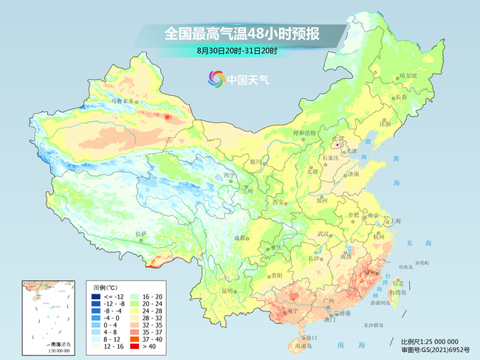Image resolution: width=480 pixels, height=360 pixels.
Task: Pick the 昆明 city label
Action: [x=210, y=290]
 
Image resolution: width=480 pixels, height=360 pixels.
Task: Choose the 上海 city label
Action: [x=396, y=221]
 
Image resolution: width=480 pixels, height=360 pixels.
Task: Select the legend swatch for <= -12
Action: [x=94, y=296]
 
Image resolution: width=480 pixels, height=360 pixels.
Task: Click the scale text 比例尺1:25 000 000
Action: [x=435, y=342]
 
